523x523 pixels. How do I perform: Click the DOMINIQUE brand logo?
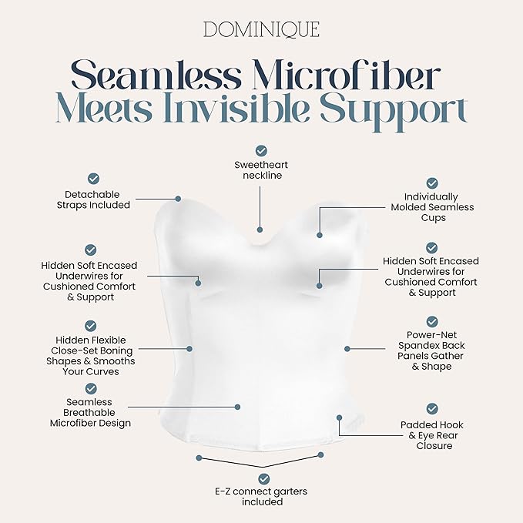tap(261, 29)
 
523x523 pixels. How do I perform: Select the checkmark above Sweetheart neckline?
tap(261, 151)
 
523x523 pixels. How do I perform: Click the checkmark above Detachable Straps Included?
tap(93, 179)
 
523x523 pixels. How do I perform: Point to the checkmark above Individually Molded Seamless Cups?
tap(432, 183)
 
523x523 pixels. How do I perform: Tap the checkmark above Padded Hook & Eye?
tap(432, 409)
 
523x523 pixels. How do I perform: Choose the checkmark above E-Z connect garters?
tap(264, 479)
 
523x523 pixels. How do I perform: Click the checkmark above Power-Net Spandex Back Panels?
tap(432, 322)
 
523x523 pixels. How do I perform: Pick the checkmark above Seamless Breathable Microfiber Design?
tap(91, 389)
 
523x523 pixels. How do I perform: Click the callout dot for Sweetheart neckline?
tap(260, 230)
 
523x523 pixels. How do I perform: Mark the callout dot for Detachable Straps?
tap(178, 199)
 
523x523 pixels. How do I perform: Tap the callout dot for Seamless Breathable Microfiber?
tap(237, 407)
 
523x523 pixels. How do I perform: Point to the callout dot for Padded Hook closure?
tap(339, 417)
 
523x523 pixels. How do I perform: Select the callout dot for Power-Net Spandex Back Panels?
tap(347, 349)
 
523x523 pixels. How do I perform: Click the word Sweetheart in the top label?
tap(261, 165)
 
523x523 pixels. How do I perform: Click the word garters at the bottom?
tap(290, 491)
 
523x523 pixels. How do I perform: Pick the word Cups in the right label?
tap(434, 218)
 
